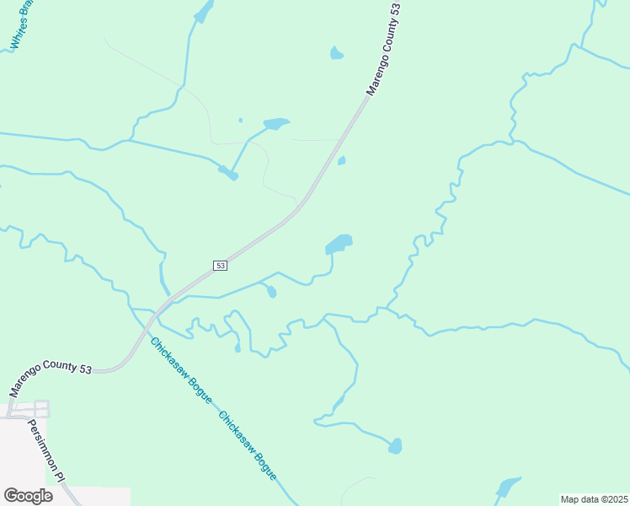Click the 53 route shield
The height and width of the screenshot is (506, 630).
(220, 266)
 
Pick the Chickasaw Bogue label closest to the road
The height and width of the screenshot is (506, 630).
(180, 370)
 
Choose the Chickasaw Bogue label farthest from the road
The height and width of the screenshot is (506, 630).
(248, 446)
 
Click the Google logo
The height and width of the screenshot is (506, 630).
(28, 496)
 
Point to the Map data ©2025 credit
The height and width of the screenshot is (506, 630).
(594, 499)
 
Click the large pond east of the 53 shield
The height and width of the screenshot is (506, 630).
(339, 245)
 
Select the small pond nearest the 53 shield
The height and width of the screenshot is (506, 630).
(270, 292)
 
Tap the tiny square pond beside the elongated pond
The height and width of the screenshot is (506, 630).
(240, 121)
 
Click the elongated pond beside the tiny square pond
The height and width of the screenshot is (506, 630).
(276, 124)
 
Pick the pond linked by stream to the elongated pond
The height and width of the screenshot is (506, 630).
(228, 174)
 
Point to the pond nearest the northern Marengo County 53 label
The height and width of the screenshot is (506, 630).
(337, 54)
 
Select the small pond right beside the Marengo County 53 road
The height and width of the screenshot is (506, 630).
(341, 160)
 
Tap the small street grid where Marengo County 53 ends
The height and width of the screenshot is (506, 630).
(25, 410)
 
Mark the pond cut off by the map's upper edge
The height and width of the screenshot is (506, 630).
(203, 10)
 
